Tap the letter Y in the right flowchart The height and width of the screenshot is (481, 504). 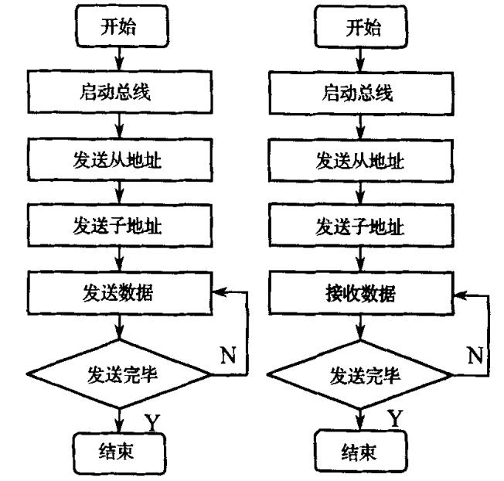coord(394,419)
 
